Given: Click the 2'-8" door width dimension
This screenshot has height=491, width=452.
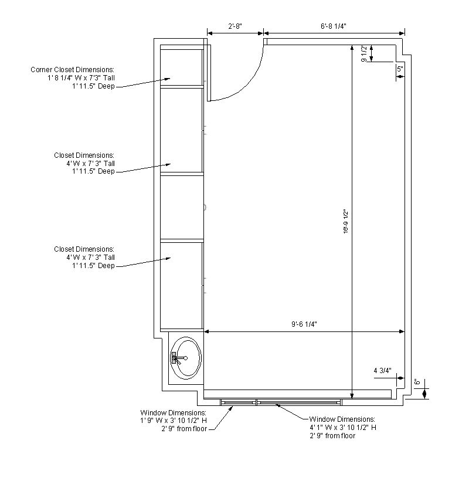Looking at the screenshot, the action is coord(235,26).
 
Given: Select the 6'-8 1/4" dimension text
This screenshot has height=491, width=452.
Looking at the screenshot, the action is coord(334,26).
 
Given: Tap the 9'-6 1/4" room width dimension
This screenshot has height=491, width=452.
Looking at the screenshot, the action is coord(304,324).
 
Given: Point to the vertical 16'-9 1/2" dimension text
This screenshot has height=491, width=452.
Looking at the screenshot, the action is coord(345,221).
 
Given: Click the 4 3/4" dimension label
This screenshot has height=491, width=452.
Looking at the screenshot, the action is coord(382,371).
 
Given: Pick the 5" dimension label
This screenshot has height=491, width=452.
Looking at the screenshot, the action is coord(400,69).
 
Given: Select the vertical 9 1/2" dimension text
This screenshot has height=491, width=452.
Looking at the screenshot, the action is coord(363,53).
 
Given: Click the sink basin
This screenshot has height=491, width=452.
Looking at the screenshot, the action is coord(186,358).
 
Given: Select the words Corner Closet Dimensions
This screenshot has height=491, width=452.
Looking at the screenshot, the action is coord(72,70).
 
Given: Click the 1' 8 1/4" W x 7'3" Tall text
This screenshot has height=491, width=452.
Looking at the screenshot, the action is coord(81,77).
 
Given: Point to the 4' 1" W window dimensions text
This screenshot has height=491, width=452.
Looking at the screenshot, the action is coord(343,428).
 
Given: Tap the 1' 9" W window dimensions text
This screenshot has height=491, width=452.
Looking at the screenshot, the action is coord(174,421).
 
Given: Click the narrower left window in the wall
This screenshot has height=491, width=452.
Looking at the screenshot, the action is coord(239,402).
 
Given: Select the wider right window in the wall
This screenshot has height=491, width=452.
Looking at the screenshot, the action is coord(298,402).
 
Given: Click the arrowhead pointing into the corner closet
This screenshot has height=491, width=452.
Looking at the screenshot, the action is coord(168,79).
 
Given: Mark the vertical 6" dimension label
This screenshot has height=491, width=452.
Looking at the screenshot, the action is coord(417,382).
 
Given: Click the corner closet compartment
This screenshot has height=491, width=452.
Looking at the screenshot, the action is coord(182,67).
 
